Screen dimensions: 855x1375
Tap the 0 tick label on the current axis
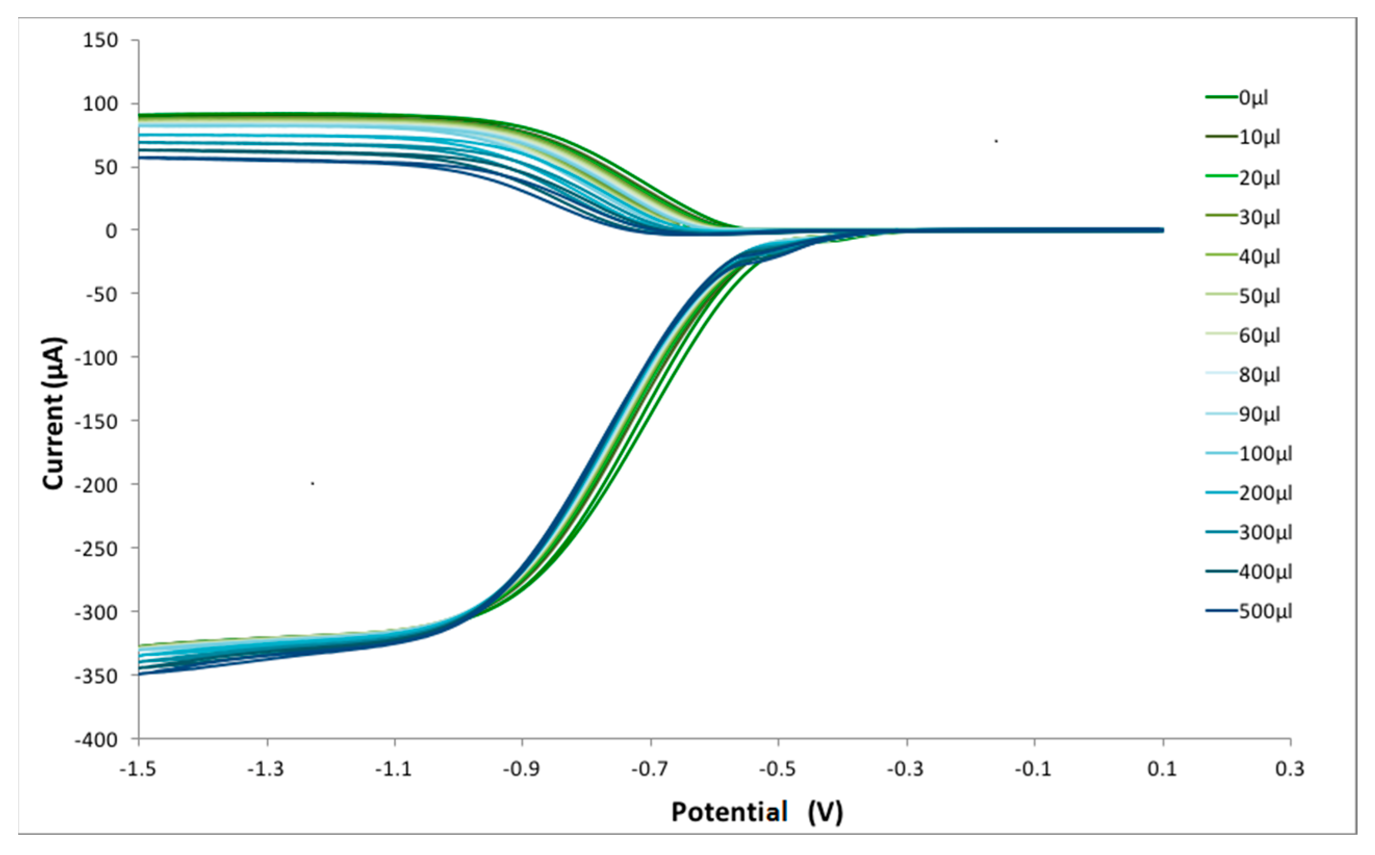tap(111, 231)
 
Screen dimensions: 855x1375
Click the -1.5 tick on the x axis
tap(138, 769)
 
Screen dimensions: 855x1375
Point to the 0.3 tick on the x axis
tap(1290, 769)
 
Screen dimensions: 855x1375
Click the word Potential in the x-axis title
tap(729, 812)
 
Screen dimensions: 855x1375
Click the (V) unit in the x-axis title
tap(825, 812)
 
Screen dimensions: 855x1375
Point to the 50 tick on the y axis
tap(106, 167)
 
